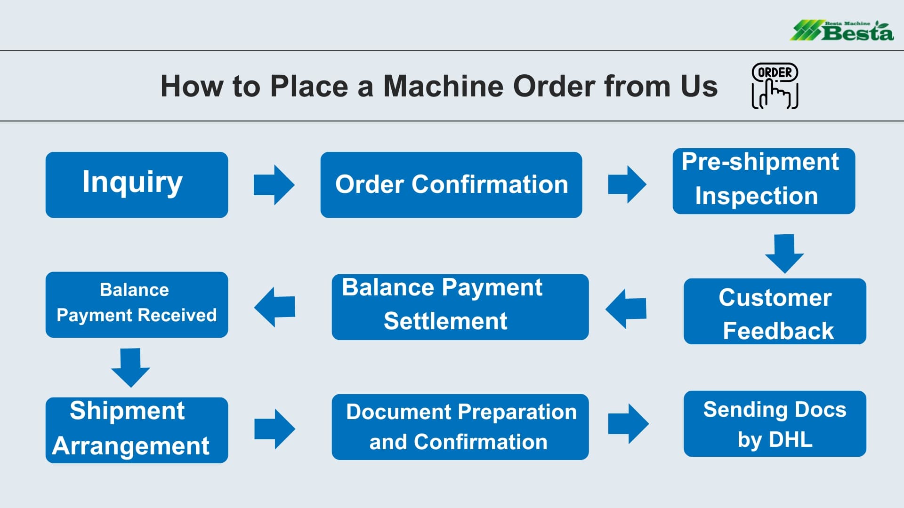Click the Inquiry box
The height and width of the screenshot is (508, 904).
(x=137, y=184)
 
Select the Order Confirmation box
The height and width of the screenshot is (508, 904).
(x=451, y=184)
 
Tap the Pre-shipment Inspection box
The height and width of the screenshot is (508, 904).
(x=764, y=181)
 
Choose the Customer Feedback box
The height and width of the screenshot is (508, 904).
(x=775, y=311)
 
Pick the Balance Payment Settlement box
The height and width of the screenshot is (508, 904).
(x=460, y=307)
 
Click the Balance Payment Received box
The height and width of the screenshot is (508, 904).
(x=137, y=305)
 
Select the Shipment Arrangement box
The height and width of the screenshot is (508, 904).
(x=137, y=430)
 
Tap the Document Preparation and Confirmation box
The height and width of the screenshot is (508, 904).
(x=460, y=427)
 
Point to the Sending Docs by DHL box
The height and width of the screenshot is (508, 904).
(x=775, y=424)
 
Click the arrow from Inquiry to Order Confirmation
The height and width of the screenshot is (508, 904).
(x=274, y=185)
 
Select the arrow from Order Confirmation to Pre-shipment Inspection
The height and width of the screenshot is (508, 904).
(x=627, y=184)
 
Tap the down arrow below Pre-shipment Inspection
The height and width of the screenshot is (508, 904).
(x=784, y=254)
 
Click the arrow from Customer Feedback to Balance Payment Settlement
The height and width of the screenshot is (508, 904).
(x=626, y=309)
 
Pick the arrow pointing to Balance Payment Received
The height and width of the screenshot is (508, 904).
(x=274, y=307)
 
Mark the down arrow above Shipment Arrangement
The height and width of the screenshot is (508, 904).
(x=130, y=368)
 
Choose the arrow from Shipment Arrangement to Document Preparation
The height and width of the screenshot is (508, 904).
(x=274, y=429)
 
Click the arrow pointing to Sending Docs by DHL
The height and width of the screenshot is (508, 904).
(x=629, y=424)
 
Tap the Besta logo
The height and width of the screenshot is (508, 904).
(x=842, y=31)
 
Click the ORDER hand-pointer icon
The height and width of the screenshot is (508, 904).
(x=775, y=86)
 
